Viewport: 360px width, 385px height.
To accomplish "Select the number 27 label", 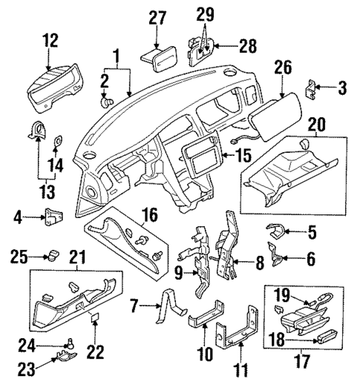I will [156, 18].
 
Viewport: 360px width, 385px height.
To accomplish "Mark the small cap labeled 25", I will [51, 257].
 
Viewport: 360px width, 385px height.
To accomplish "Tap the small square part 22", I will [96, 320].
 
